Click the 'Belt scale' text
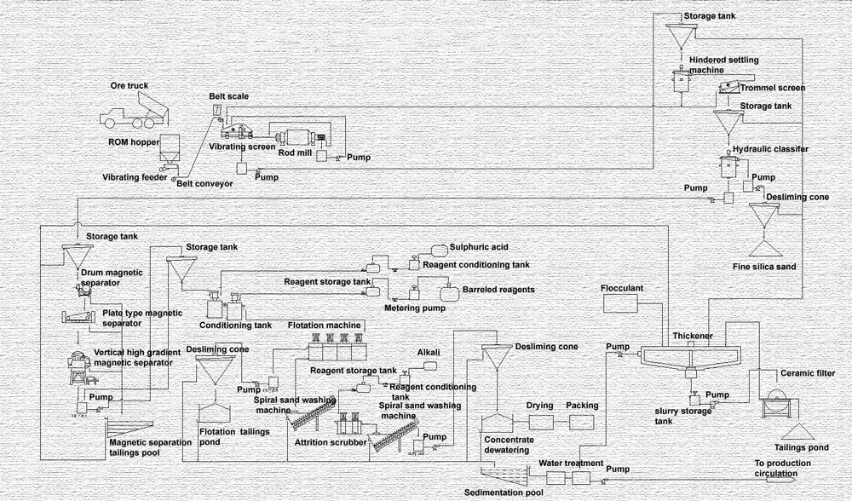tap(228, 96)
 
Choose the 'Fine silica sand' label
tap(764, 267)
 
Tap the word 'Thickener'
tap(691, 336)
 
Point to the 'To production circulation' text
tap(781, 469)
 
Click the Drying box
tap(540, 422)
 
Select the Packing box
tap(582, 422)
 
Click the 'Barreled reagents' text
tap(498, 290)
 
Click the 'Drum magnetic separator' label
tap(112, 277)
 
